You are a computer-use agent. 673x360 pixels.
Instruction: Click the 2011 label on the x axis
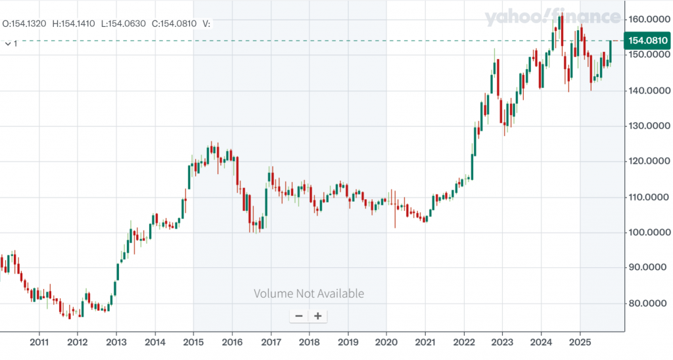[39, 342]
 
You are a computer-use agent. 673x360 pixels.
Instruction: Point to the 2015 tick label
[193, 342]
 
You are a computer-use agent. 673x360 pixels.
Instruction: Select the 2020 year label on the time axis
[386, 342]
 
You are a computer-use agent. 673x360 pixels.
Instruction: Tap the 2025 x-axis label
[580, 342]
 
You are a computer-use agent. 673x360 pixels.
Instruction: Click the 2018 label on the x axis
[309, 342]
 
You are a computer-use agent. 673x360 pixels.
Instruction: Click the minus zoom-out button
[299, 316]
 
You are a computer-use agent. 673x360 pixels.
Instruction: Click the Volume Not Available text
[309, 294]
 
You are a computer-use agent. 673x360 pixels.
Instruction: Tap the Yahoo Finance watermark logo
[552, 18]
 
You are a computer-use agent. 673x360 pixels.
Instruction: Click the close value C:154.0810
[174, 24]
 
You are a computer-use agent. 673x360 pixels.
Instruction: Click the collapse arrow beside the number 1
[7, 43]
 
